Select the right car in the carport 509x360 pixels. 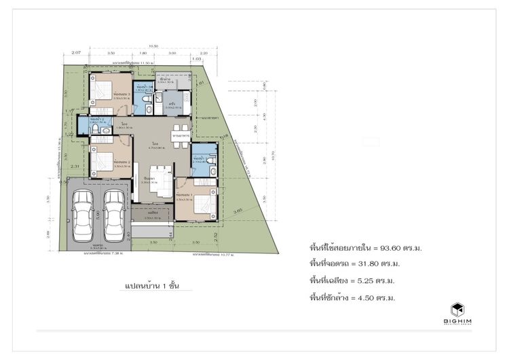(114, 211)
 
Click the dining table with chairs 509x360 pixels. (180, 131)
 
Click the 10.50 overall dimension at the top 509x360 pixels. (134, 47)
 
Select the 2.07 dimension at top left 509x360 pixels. (76, 52)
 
